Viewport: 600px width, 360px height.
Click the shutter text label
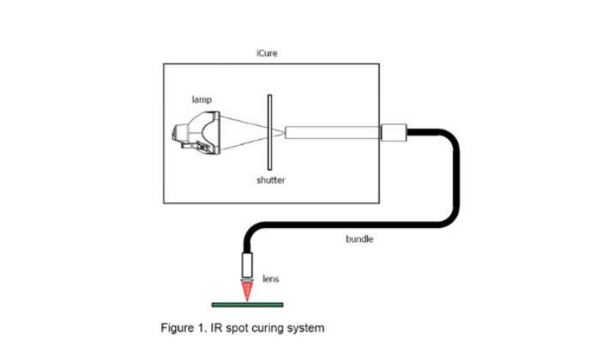pyautogui.click(x=270, y=180)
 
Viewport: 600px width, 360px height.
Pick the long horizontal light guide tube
pyautogui.click(x=331, y=133)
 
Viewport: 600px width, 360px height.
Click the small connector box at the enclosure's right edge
pyautogui.click(x=393, y=133)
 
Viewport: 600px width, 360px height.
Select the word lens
pyautogui.click(x=270, y=279)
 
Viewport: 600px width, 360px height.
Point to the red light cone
pyautogui.click(x=249, y=291)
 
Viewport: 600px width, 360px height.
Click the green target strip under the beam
pyautogui.click(x=249, y=303)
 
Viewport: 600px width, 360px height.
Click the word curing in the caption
pyautogui.click(x=267, y=327)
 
